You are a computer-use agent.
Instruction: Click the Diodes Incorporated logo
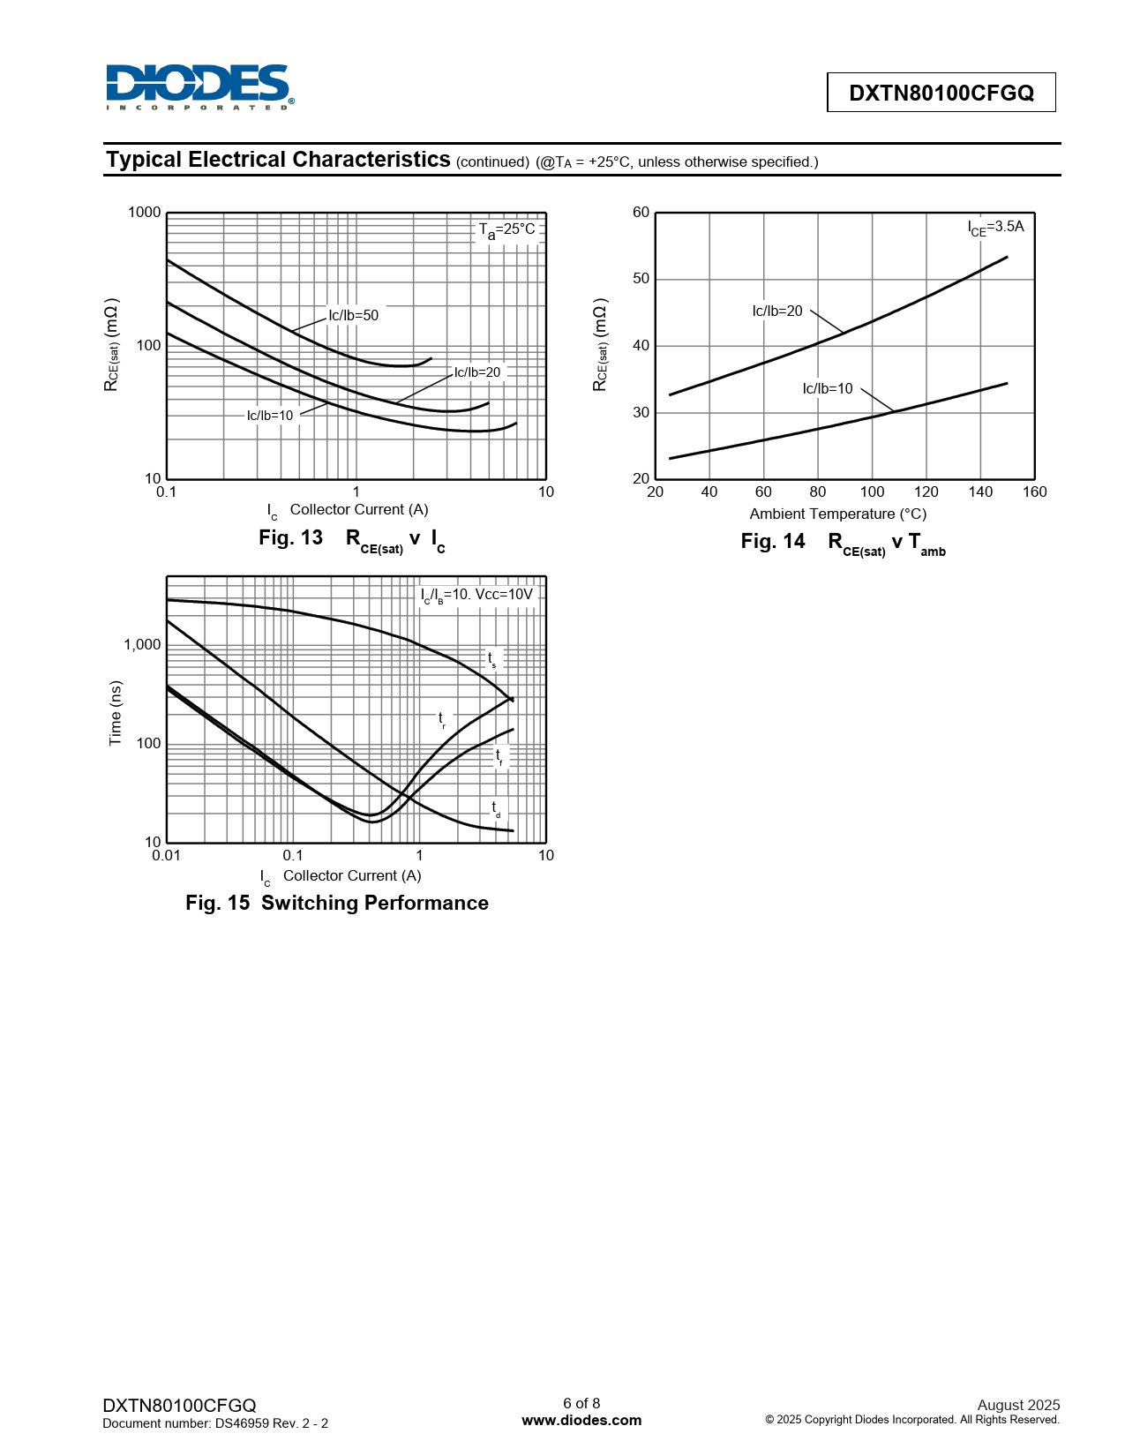(199, 86)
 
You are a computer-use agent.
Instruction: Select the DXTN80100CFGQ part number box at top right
(941, 93)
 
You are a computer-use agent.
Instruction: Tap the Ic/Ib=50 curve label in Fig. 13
(353, 315)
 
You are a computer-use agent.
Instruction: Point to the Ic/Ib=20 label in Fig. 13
(477, 372)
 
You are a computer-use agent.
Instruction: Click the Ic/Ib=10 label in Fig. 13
(270, 416)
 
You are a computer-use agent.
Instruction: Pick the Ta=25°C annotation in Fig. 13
(507, 229)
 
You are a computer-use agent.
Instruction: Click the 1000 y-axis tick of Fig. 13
(145, 212)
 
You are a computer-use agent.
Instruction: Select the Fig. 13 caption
(351, 539)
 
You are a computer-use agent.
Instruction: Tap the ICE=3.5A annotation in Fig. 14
(995, 228)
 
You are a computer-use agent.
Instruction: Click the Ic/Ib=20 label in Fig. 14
(777, 311)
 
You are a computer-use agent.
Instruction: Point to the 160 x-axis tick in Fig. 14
(1034, 492)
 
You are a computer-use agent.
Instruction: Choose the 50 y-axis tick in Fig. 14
(641, 279)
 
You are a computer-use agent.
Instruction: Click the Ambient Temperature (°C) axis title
(837, 514)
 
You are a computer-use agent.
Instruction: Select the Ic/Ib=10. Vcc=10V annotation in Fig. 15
(477, 595)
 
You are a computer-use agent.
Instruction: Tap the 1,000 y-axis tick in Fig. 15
(142, 645)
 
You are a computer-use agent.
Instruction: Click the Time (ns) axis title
(116, 713)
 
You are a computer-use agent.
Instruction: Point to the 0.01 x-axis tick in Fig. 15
(166, 855)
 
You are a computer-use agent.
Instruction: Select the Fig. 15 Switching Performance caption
(336, 903)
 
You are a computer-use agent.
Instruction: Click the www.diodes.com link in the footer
(581, 1420)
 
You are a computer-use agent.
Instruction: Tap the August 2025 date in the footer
(1018, 1405)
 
